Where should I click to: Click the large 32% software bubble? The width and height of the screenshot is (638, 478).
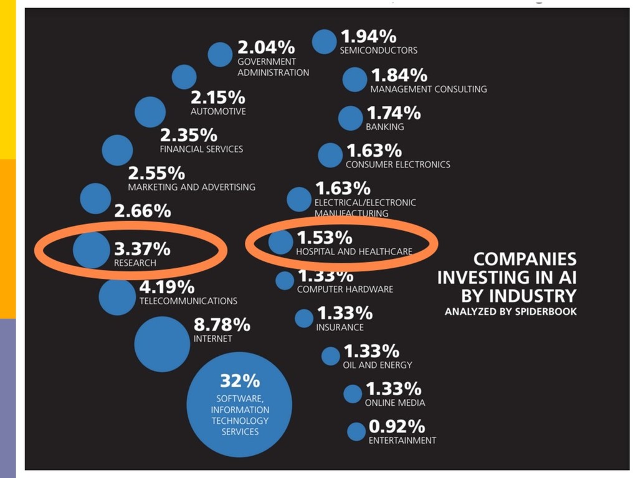[x=239, y=405]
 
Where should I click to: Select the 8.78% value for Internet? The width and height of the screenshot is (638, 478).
[x=221, y=325]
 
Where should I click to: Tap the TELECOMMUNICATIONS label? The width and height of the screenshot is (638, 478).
[x=188, y=301]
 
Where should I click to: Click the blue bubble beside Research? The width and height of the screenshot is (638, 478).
[x=91, y=250]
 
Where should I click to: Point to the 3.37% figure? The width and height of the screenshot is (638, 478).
[x=142, y=249]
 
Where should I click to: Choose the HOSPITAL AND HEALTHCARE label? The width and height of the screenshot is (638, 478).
[x=354, y=252]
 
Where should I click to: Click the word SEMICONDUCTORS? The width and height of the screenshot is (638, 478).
[x=378, y=50]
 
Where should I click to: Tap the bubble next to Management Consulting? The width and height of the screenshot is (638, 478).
[x=355, y=80]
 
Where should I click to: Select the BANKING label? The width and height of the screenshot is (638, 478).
[x=384, y=127]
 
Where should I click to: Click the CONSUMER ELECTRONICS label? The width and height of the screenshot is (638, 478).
[x=398, y=165]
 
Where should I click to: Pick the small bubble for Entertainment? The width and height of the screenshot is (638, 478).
[x=356, y=431]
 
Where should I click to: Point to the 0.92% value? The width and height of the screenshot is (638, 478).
[x=397, y=427]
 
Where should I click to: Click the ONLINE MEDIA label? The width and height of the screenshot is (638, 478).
[x=395, y=403]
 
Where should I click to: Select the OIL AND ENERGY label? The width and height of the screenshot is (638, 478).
[x=377, y=365]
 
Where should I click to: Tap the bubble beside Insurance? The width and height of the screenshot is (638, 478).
[x=304, y=318]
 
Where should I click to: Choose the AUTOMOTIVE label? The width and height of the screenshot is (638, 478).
[x=218, y=112]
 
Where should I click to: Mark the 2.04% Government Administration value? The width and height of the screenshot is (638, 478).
[x=266, y=47]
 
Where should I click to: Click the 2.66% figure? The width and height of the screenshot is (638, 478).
[x=142, y=211]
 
